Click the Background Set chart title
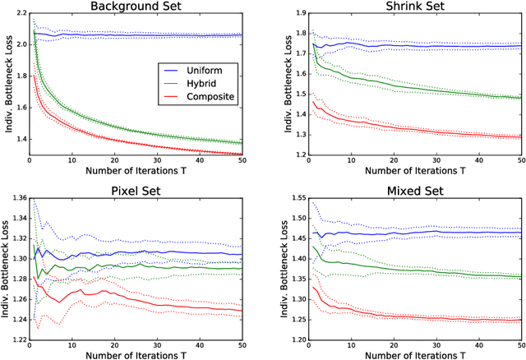point(142,7)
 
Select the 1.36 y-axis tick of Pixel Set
point(15,200)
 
